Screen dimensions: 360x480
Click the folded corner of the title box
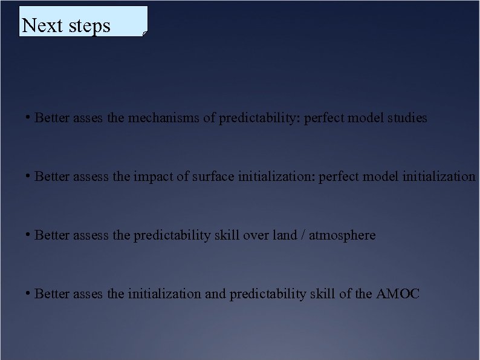(x=145, y=34)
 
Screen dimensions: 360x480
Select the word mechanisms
(x=163, y=118)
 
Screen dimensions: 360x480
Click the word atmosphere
(x=342, y=235)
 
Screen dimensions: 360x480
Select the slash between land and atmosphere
(x=302, y=235)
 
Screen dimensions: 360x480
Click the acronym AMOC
(x=397, y=294)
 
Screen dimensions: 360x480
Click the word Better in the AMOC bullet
(x=52, y=294)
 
